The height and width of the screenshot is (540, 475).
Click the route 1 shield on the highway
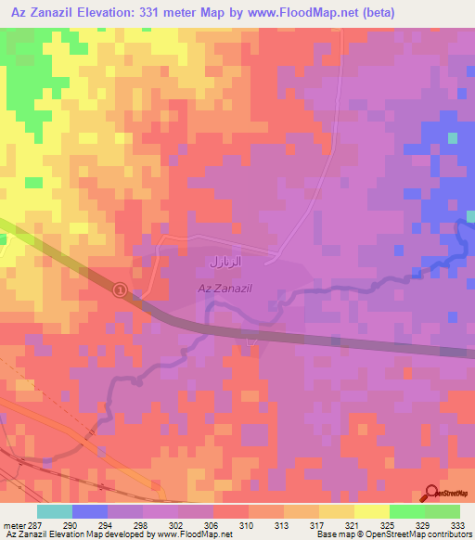pos(120,290)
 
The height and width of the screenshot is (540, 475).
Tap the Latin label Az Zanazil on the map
pos(225,289)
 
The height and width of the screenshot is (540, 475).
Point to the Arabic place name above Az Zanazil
pos(227,263)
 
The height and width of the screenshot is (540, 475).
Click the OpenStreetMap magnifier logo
pos(432,495)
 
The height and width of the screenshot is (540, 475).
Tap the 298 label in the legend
pos(143,524)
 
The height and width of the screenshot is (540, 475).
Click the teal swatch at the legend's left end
pos(55,511)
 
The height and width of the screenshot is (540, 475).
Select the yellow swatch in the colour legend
pos(371,511)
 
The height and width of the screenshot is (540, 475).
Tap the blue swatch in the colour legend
pos(90,511)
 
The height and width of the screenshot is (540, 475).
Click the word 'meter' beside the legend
pos(14,524)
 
